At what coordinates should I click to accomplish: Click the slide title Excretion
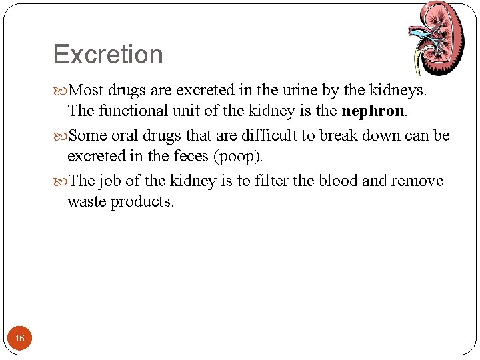tap(108, 54)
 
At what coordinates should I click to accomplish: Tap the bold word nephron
tap(372, 111)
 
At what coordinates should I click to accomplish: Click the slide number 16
tap(20, 339)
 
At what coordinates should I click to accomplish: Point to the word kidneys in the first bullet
tap(397, 89)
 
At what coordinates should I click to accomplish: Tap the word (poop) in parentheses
tap(237, 157)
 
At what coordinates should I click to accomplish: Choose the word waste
tap(87, 202)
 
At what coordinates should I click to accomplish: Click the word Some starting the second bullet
tap(88, 135)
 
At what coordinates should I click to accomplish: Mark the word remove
tap(417, 181)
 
